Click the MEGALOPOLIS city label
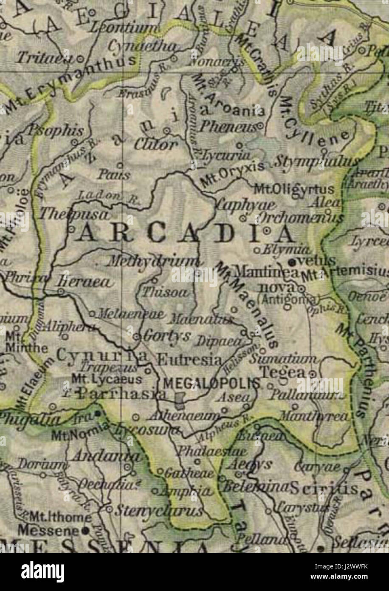coord(211,383)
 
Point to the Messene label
coord(49,530)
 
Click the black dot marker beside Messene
coord(86,531)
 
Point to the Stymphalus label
coord(316,162)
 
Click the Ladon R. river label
coord(108,198)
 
